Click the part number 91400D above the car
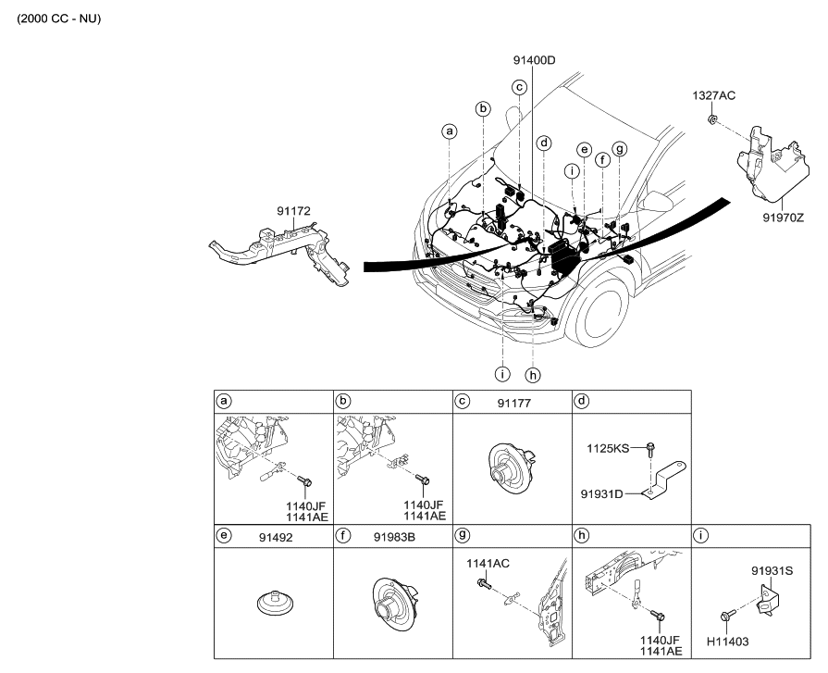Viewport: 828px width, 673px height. click(x=534, y=61)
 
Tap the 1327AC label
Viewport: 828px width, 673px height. click(x=714, y=95)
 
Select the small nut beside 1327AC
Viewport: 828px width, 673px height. click(x=713, y=120)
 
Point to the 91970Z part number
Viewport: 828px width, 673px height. click(x=783, y=218)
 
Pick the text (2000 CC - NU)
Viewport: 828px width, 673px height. click(x=58, y=19)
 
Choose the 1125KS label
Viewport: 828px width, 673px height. click(x=609, y=448)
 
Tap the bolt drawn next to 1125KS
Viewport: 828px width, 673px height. click(x=649, y=449)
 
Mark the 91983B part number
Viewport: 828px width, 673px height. click(x=393, y=535)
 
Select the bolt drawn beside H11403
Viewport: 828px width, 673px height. click(x=728, y=616)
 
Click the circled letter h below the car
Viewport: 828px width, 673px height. click(x=531, y=375)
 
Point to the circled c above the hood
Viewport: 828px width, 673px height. click(x=520, y=87)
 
